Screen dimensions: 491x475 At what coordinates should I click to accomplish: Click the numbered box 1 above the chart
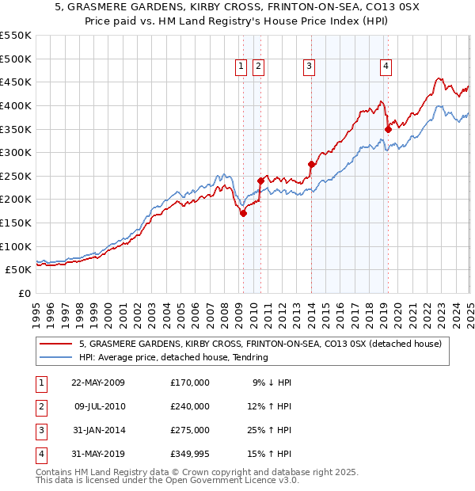coord(241,67)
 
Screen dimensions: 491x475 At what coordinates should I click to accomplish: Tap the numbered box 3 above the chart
coord(309,67)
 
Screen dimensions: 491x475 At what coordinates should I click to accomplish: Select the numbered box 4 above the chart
coord(386,67)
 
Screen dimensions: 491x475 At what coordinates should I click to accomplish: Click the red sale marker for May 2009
coord(244,213)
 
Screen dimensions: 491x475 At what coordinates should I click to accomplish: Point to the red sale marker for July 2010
coord(260,181)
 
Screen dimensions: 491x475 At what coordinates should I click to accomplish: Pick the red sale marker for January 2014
coord(311,164)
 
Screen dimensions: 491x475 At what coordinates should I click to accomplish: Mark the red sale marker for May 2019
coord(388,129)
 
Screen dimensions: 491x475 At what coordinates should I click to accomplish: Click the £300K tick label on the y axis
coord(16,152)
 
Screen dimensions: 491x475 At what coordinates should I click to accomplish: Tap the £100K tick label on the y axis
coord(16,246)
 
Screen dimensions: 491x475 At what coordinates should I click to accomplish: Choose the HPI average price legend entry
coord(173,357)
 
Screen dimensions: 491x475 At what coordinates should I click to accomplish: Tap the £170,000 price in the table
coord(190,383)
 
